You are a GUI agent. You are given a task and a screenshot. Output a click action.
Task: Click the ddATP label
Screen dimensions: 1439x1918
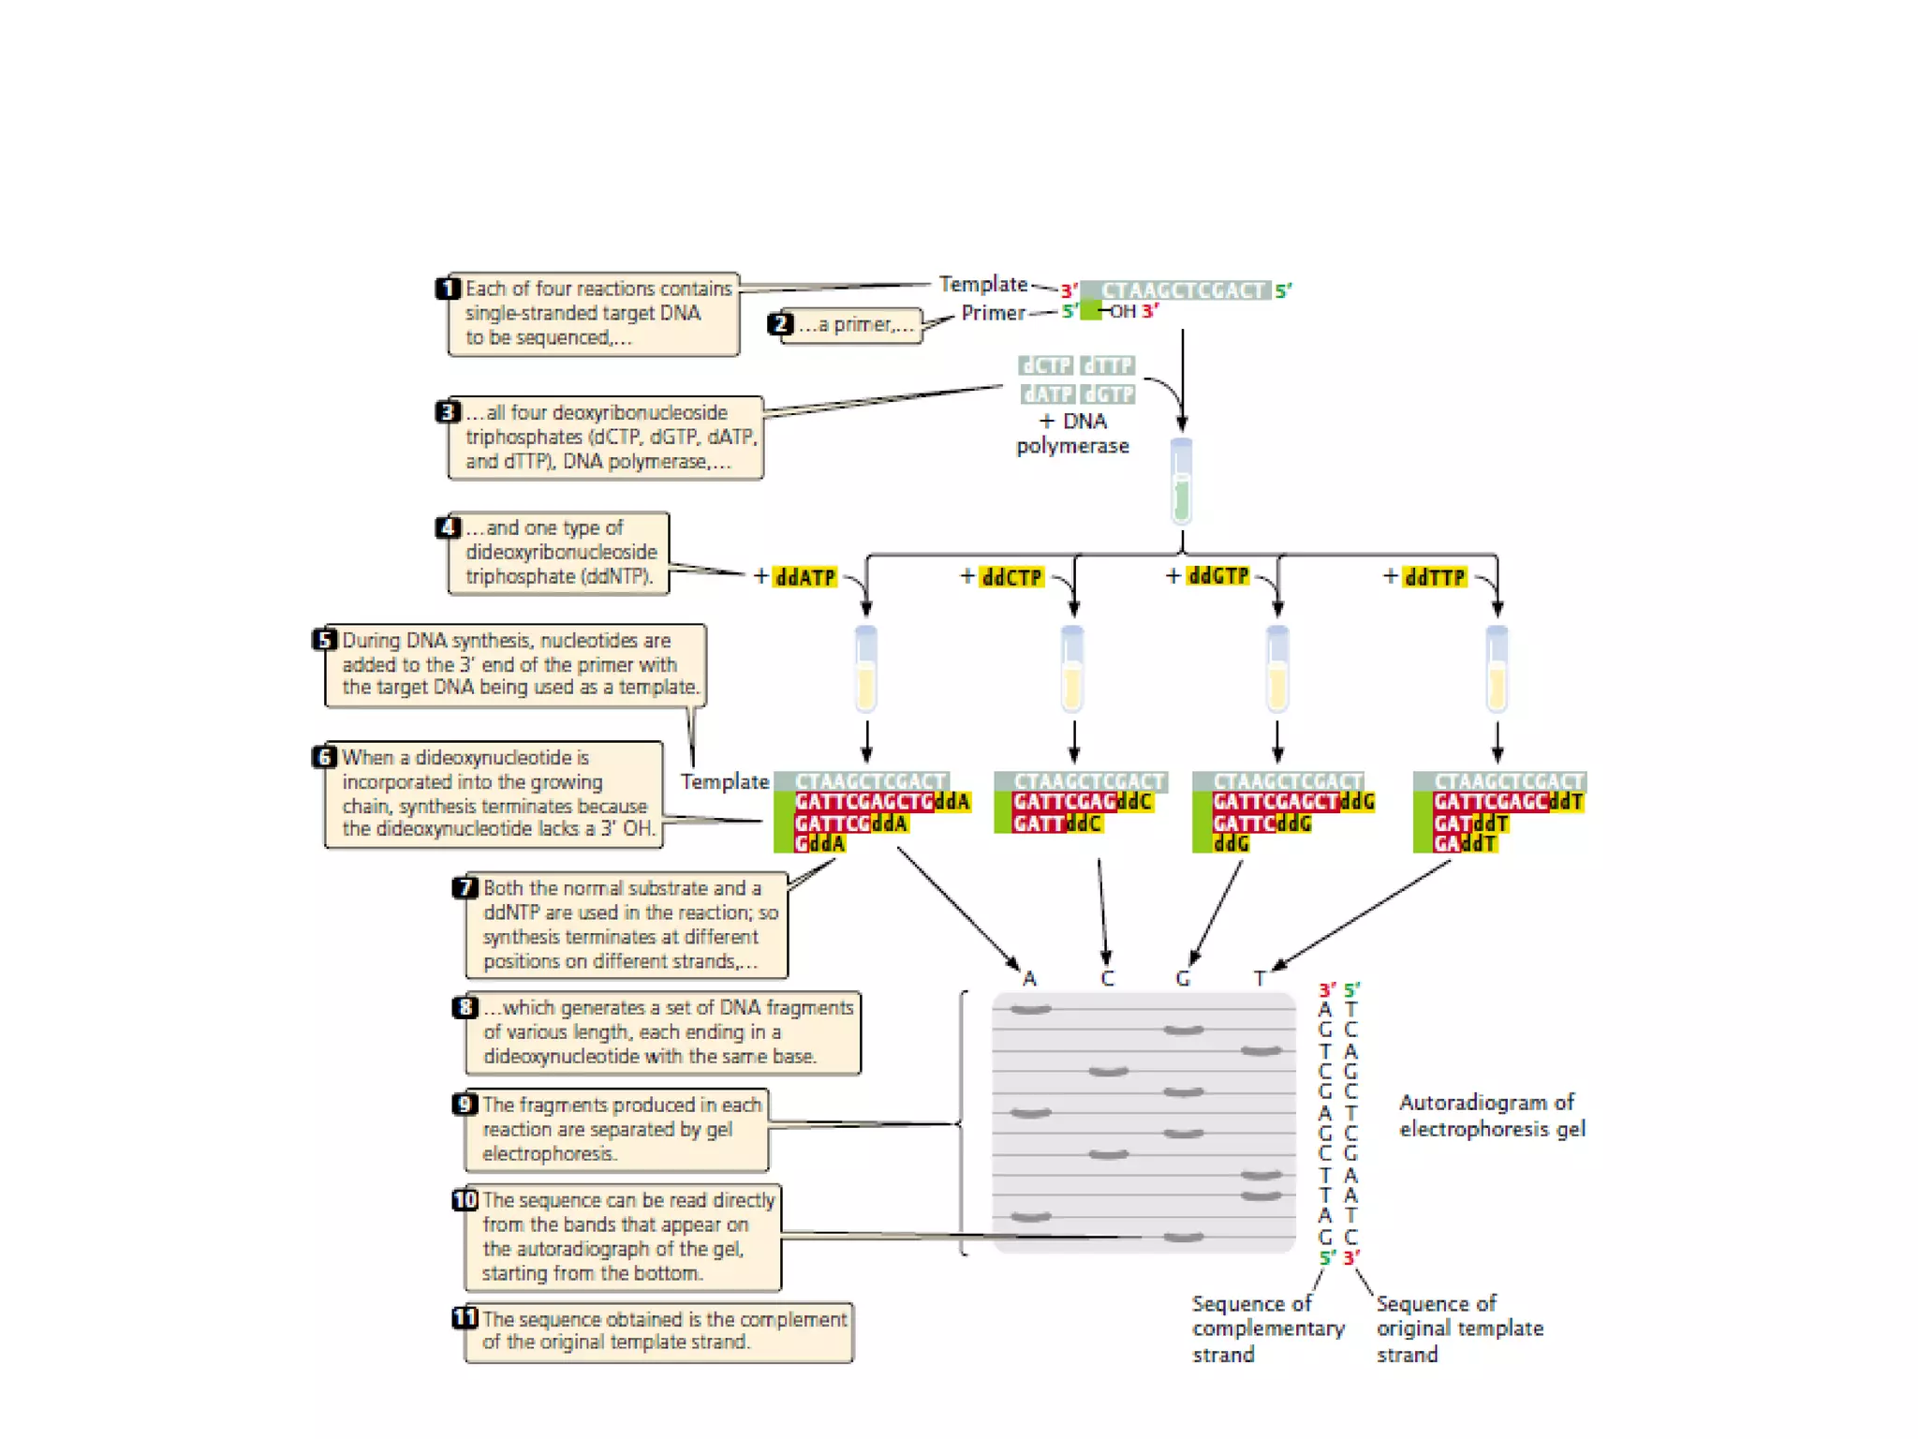[x=805, y=577]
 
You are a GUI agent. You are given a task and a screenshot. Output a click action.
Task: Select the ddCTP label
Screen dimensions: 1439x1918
[x=1011, y=577]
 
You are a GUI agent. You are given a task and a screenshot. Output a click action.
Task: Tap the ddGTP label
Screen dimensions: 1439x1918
[x=1217, y=575]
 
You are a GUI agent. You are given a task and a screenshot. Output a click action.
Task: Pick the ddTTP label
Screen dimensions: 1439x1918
[x=1435, y=577]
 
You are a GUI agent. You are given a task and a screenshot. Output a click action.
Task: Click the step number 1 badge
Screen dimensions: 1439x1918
[x=449, y=288]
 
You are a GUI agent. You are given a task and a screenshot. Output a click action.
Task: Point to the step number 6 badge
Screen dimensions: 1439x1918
[x=324, y=756]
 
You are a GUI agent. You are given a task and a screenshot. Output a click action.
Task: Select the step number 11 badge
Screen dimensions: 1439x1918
[x=465, y=1318]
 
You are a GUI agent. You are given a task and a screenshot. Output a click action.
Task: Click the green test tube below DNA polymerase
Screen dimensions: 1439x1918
[x=1182, y=482]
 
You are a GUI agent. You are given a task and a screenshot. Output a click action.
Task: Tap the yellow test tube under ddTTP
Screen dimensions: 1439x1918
[x=1497, y=669]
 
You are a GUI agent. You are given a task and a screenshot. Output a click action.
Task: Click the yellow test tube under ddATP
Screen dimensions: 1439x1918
[x=866, y=669]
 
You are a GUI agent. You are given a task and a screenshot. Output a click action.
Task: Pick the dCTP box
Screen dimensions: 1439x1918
[x=1046, y=365]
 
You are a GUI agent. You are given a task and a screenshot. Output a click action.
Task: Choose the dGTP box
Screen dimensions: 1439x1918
[x=1108, y=394]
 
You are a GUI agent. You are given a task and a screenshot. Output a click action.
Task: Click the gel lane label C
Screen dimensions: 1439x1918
[x=1107, y=979]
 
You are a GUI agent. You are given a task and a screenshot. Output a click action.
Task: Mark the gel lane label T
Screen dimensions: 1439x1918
[x=1261, y=979]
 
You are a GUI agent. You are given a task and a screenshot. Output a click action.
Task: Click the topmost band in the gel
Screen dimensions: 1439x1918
[x=1030, y=1009]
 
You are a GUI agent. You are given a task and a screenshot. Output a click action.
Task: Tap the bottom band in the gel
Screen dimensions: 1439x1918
[x=1183, y=1238]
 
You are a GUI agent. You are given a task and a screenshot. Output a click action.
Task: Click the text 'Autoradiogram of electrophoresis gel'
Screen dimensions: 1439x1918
[x=1491, y=1115]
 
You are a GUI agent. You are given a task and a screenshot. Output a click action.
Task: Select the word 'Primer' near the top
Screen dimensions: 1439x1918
[x=993, y=313]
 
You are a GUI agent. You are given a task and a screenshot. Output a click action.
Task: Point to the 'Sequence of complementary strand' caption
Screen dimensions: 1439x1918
[x=1267, y=1328]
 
